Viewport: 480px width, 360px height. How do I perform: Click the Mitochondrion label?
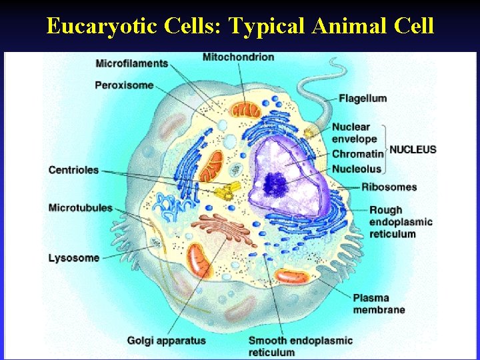point(238,57)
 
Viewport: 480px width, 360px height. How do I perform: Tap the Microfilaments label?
point(131,64)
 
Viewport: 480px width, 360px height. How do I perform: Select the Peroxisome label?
point(124,85)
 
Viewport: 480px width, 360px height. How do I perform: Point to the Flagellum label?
point(363,99)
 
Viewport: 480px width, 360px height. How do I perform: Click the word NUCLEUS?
point(413,149)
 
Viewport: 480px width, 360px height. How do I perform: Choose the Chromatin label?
point(358,155)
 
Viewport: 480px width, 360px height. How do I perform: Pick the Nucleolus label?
point(357,169)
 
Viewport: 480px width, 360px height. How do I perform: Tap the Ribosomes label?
point(389,187)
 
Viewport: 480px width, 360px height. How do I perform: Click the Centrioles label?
point(73,170)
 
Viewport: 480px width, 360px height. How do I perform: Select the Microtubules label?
point(81,208)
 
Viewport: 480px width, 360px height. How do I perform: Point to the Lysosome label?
point(73,258)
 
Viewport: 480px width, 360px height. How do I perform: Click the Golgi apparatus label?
point(167,341)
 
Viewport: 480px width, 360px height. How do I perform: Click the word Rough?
point(386,211)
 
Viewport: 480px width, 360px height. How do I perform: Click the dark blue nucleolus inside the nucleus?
point(275,182)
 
